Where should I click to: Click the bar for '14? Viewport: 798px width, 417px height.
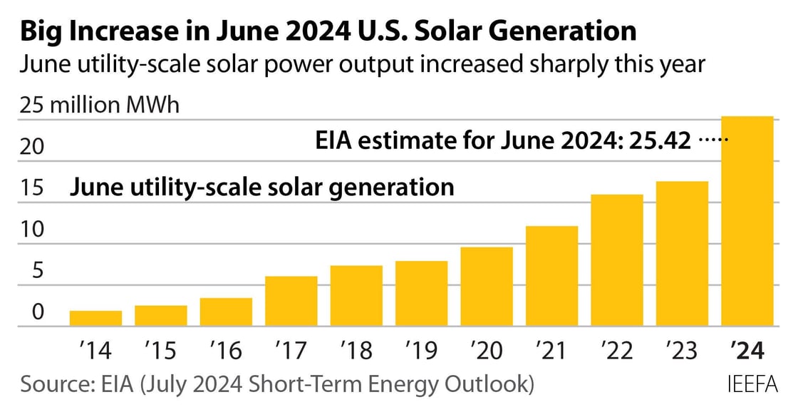95,319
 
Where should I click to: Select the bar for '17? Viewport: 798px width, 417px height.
291,302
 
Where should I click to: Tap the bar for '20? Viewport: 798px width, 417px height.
487,287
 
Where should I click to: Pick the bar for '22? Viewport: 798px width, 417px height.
617,261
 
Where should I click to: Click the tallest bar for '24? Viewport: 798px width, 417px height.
747,222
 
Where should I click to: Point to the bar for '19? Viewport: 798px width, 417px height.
422,294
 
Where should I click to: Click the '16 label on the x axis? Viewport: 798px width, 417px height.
226,351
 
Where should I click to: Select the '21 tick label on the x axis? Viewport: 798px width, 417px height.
551,351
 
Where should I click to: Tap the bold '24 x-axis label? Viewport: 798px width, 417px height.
747,351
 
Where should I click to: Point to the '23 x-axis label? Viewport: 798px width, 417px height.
683,351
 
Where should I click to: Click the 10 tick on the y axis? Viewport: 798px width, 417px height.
33,230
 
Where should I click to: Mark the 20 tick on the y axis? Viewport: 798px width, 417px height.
33,148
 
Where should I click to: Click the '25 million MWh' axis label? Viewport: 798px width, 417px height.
100,105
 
